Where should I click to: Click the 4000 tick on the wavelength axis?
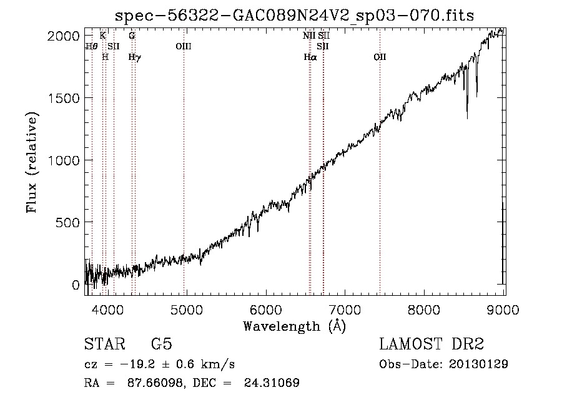pos(108,310)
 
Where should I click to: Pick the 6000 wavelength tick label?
pos(267,310)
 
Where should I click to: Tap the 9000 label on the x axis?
pos(504,310)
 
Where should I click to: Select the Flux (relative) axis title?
pos(32,162)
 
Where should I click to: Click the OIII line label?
pos(184,46)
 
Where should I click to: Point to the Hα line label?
pos(310,57)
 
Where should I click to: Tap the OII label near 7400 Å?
pos(380,57)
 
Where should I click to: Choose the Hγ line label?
pos(134,57)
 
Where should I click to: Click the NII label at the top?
pos(309,36)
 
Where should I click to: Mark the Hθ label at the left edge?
pos(91,46)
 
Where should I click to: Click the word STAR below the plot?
pos(104,344)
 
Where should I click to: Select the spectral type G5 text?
pos(161,344)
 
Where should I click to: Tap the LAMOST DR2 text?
pos(431,344)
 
